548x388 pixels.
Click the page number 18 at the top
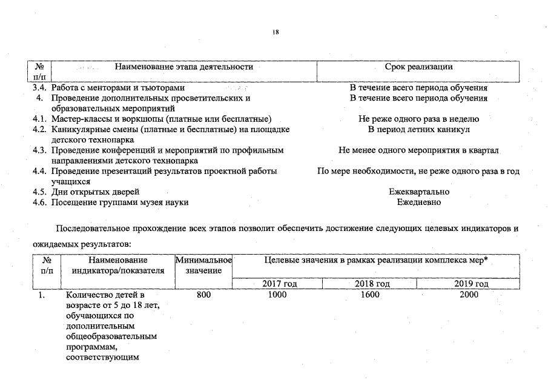[x=275, y=33]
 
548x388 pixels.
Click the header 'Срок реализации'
[x=418, y=67]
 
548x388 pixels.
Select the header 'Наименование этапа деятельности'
[x=183, y=67]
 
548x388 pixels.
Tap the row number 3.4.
[x=40, y=88]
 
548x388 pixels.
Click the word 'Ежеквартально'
[x=418, y=192]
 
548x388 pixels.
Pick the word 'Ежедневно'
[x=418, y=202]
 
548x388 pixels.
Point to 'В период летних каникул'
[x=418, y=129]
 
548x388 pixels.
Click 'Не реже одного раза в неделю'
[x=418, y=119]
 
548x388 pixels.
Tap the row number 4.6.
[x=40, y=202]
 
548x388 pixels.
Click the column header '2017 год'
[x=279, y=284]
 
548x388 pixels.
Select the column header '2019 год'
[x=471, y=284]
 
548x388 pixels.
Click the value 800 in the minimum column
[x=205, y=295]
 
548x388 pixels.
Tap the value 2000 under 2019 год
[x=469, y=295]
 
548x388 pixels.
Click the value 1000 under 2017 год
[x=277, y=295]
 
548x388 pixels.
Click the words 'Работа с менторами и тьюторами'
[x=117, y=88]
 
